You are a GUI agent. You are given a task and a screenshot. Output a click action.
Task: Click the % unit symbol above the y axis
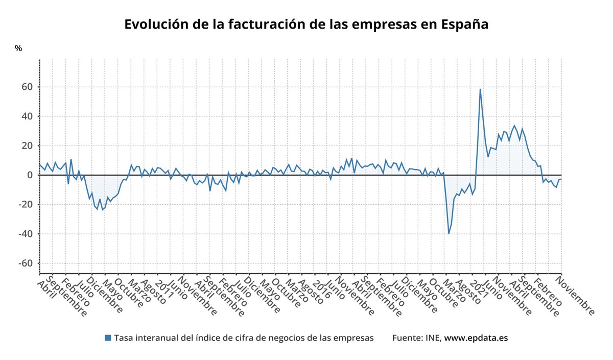click(x=18, y=49)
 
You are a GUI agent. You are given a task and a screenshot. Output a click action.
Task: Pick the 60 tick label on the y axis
click(x=27, y=87)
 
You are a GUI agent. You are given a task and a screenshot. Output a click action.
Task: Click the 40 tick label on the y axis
click(x=27, y=116)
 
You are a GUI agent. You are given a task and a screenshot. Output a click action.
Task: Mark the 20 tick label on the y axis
click(x=27, y=146)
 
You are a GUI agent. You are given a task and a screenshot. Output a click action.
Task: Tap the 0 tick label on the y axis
click(x=30, y=175)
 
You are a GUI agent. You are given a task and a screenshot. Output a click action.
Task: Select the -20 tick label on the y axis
click(x=25, y=205)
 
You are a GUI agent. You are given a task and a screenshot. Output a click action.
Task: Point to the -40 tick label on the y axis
click(x=25, y=234)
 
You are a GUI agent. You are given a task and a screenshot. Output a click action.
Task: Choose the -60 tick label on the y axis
click(x=25, y=263)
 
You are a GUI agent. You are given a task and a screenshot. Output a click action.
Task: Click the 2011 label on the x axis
click(x=164, y=289)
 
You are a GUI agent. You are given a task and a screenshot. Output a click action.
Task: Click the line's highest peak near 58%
click(x=480, y=89)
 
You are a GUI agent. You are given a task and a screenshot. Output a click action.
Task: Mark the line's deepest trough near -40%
click(x=449, y=233)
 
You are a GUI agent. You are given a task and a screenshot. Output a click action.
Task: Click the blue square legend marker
click(x=107, y=338)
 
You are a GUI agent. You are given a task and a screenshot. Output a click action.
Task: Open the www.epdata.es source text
click(x=476, y=338)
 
